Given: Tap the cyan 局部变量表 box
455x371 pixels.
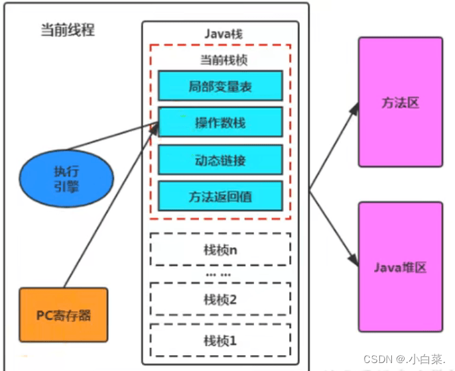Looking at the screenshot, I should (220, 86).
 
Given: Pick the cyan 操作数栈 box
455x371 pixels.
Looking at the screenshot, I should (220, 123).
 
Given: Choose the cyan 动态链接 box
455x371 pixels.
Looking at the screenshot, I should (220, 160).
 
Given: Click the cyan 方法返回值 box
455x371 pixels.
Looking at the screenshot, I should (220, 196).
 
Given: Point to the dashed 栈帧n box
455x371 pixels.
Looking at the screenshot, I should (220, 249).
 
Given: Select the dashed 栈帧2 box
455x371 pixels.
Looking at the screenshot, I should (220, 299).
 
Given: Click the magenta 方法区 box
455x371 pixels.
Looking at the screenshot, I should (400, 102).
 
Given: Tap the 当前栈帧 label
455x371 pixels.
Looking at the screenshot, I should (220, 60).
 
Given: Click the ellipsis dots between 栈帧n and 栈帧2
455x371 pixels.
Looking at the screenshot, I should (218, 274).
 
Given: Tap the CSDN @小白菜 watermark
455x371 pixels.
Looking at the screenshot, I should (403, 358).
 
